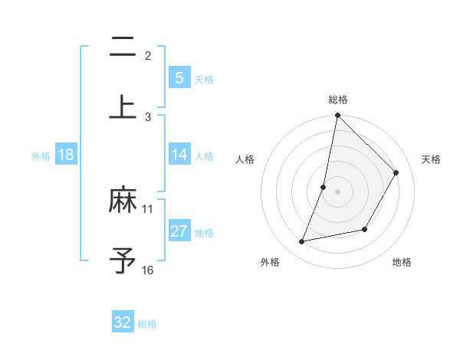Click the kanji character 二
(x=123, y=47)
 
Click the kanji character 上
(x=123, y=106)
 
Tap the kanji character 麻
(x=123, y=201)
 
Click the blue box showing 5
(x=179, y=77)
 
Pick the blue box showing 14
(x=179, y=155)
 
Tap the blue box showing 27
(x=179, y=231)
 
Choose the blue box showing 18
(x=66, y=155)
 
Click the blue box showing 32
(x=123, y=322)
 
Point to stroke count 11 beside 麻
(x=148, y=208)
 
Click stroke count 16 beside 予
(x=148, y=270)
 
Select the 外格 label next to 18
(x=41, y=155)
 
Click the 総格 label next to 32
(x=147, y=323)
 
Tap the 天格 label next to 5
(x=203, y=79)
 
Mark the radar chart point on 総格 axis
(x=337, y=116)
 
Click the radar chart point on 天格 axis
(x=396, y=172)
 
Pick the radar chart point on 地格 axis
(x=365, y=229)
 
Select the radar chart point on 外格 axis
(x=302, y=242)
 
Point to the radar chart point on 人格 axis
(x=324, y=187)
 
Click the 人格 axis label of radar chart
(x=245, y=159)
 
